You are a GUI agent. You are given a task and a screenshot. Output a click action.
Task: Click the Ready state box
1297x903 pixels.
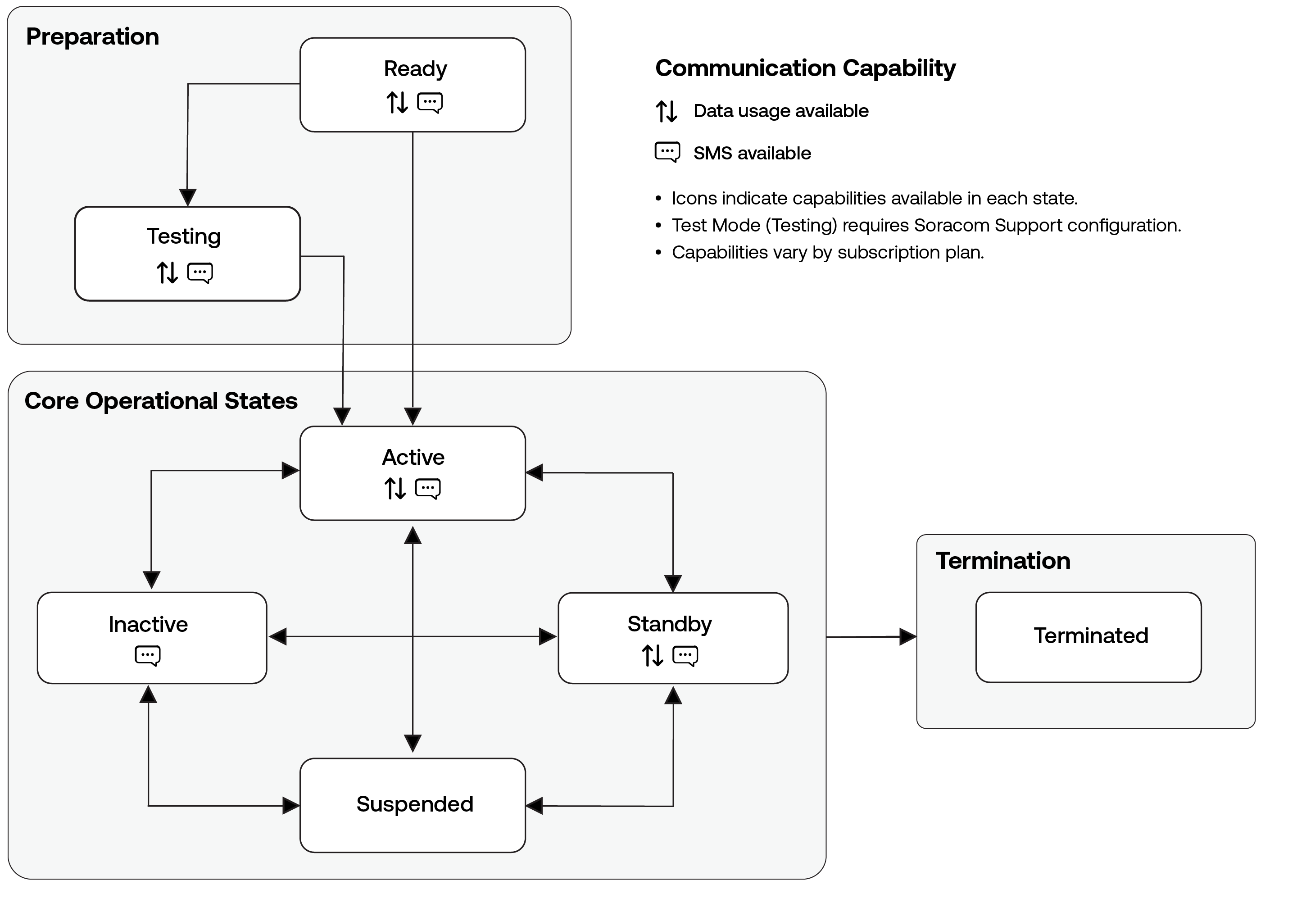tap(413, 85)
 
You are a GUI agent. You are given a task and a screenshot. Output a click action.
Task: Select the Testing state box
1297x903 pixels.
tap(187, 254)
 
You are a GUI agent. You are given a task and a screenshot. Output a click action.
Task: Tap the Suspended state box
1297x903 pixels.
tap(413, 805)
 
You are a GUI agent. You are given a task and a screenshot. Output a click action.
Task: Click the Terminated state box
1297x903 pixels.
tap(1088, 637)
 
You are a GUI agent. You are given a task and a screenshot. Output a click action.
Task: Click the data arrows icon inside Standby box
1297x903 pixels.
tap(653, 655)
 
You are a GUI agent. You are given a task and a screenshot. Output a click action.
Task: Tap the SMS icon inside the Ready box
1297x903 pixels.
tap(430, 103)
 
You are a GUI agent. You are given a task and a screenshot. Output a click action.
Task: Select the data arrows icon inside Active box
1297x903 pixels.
tap(395, 488)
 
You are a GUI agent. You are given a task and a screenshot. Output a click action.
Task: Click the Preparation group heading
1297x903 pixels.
tap(93, 37)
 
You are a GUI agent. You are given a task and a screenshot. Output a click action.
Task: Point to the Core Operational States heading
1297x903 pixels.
tap(161, 401)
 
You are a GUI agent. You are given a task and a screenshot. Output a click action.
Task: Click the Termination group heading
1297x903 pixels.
tap(1002, 561)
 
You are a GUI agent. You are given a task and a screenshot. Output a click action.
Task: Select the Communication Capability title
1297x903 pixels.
tap(805, 68)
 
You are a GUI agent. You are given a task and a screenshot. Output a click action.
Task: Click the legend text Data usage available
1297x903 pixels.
tap(781, 111)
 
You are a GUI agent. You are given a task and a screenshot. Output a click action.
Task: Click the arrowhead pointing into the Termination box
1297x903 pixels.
tap(907, 637)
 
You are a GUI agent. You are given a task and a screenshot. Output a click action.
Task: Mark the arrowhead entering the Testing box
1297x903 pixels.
tap(187, 197)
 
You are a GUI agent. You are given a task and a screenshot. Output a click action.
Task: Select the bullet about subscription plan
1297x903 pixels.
tap(828, 252)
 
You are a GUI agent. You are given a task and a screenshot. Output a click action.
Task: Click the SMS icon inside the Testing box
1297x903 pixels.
tap(200, 273)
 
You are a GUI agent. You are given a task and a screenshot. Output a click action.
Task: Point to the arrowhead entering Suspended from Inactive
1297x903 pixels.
tap(291, 806)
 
